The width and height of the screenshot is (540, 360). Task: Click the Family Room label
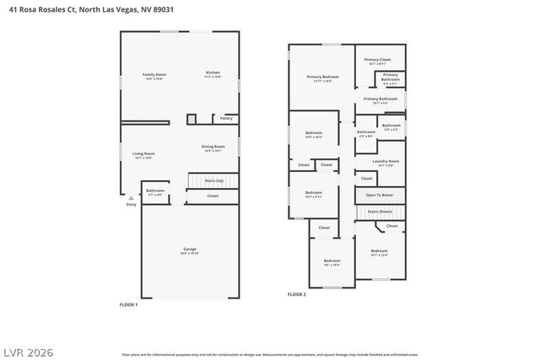[154, 75]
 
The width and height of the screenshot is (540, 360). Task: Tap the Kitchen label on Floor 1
[213, 73]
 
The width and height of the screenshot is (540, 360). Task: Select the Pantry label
[226, 118]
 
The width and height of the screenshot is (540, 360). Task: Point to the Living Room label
[143, 153]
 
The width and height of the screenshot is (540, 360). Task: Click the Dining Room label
[213, 148]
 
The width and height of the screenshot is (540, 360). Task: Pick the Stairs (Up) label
[214, 180]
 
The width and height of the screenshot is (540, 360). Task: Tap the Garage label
[190, 249]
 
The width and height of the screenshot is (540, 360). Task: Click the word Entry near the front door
[131, 205]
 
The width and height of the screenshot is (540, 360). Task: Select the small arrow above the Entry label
[131, 198]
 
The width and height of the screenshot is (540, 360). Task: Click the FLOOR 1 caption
[128, 304]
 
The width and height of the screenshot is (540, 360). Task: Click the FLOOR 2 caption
[297, 294]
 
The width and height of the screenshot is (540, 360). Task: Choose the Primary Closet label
[377, 60]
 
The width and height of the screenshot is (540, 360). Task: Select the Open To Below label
[379, 195]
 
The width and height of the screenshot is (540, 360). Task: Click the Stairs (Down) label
[379, 212]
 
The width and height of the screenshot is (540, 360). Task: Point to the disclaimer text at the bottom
[269, 355]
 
